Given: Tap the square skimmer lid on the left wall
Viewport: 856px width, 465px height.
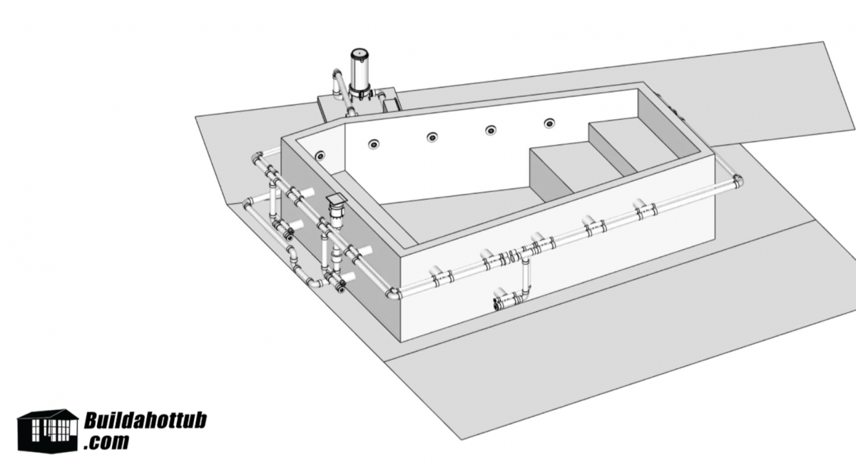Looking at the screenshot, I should pyautogui.click(x=335, y=199).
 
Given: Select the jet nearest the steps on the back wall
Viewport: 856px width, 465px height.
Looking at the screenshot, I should pyautogui.click(x=549, y=123).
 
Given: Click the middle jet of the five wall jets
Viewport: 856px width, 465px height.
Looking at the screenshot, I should pyautogui.click(x=432, y=137).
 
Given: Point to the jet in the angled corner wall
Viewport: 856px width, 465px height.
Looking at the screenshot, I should pyautogui.click(x=320, y=155).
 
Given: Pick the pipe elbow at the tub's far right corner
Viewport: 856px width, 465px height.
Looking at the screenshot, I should pyautogui.click(x=737, y=180).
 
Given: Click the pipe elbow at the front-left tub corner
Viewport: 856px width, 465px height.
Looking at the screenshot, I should pyautogui.click(x=393, y=292).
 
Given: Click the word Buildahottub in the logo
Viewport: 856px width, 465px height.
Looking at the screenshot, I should pyautogui.click(x=145, y=420).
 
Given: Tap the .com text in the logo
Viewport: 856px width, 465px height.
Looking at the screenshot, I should pyautogui.click(x=107, y=442).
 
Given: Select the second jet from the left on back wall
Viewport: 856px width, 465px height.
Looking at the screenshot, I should pyautogui.click(x=374, y=145).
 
